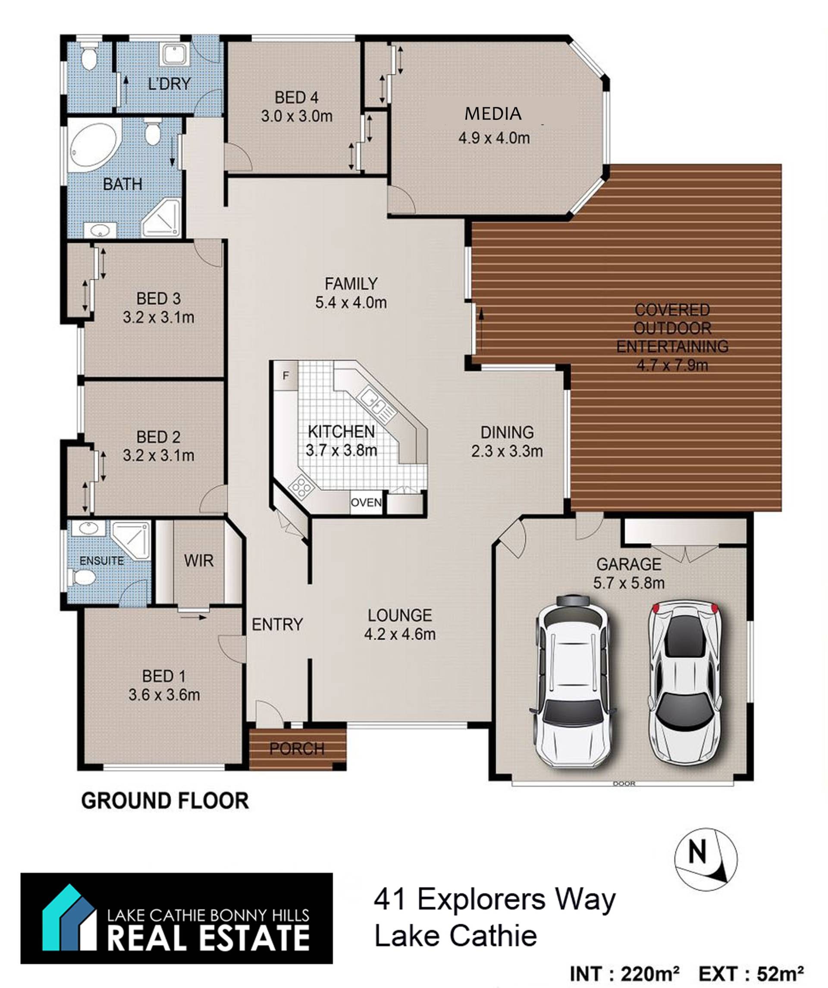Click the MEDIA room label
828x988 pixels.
pyautogui.click(x=493, y=113)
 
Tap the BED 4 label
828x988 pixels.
pyautogui.click(x=297, y=97)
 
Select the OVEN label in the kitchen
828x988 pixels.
pyautogui.click(x=366, y=502)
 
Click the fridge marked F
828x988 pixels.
pyautogui.click(x=285, y=375)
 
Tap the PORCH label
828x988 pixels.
pyautogui.click(x=297, y=748)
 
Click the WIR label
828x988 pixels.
pyautogui.click(x=199, y=560)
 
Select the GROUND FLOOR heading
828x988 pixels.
pyautogui.click(x=165, y=801)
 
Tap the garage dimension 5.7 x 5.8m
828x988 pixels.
pyautogui.click(x=629, y=583)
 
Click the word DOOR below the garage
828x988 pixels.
pyautogui.click(x=624, y=784)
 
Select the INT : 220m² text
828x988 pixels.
pyautogui.click(x=624, y=973)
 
